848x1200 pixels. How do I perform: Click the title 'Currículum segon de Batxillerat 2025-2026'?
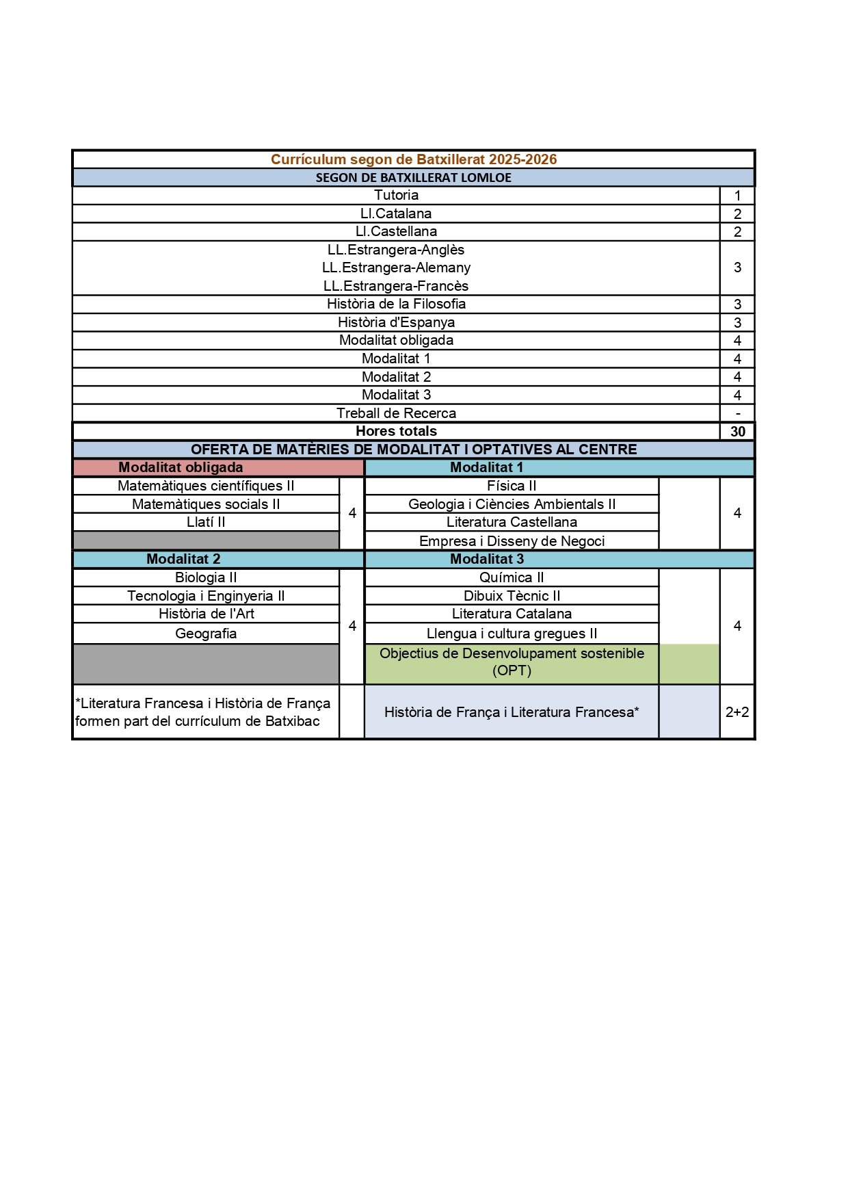pyautogui.click(x=414, y=159)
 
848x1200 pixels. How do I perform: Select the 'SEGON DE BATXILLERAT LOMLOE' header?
pyautogui.click(x=414, y=178)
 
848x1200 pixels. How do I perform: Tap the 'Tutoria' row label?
pyautogui.click(x=396, y=196)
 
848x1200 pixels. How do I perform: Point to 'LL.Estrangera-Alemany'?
pyautogui.click(x=396, y=268)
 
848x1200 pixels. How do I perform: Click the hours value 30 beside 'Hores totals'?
pyautogui.click(x=737, y=432)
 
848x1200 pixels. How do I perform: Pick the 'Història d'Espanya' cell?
pyautogui.click(x=396, y=322)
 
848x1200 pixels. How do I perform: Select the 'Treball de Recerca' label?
pyautogui.click(x=396, y=413)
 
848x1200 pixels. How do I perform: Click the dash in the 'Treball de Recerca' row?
pyautogui.click(x=737, y=413)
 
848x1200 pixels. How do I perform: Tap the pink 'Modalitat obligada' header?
pyautogui.click(x=181, y=468)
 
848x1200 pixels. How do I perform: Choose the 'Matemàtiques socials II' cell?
pyautogui.click(x=206, y=504)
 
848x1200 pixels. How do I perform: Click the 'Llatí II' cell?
pyautogui.click(x=206, y=522)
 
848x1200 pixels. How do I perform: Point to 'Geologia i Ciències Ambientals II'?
pyautogui.click(x=512, y=504)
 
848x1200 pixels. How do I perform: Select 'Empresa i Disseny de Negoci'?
pyautogui.click(x=512, y=541)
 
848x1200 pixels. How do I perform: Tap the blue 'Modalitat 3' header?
pyautogui.click(x=487, y=559)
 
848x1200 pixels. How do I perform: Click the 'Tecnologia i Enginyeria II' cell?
pyautogui.click(x=206, y=596)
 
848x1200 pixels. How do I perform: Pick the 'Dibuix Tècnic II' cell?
pyautogui.click(x=512, y=596)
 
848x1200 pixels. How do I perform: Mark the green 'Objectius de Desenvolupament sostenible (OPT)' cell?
pyautogui.click(x=512, y=662)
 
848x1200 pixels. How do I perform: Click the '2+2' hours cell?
pyautogui.click(x=737, y=712)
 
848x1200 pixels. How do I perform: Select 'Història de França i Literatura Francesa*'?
pyautogui.click(x=512, y=712)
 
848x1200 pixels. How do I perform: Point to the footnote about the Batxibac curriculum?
pyautogui.click(x=202, y=712)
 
